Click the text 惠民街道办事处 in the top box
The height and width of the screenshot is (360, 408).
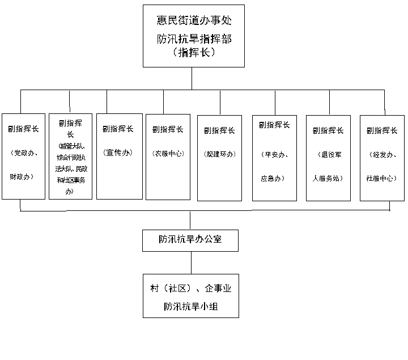(x=194, y=21)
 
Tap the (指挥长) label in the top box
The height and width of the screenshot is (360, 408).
(x=194, y=53)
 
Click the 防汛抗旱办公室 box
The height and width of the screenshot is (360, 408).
(x=190, y=240)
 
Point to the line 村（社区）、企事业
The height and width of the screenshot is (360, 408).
(x=190, y=289)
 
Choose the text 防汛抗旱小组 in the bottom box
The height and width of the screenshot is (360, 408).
(x=190, y=307)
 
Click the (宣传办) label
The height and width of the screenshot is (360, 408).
(x=118, y=153)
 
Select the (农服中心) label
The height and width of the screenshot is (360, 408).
(x=168, y=153)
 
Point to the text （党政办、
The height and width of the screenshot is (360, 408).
(x=23, y=153)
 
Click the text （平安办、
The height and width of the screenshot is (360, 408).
(x=274, y=154)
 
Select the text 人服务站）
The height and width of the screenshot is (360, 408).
(x=328, y=178)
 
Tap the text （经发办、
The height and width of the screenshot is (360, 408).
(x=382, y=154)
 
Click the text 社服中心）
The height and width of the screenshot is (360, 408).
(x=382, y=178)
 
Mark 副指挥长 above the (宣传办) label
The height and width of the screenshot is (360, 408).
(x=118, y=129)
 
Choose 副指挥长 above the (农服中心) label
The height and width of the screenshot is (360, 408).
(x=168, y=129)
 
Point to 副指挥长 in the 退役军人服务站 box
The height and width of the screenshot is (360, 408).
(x=328, y=130)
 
